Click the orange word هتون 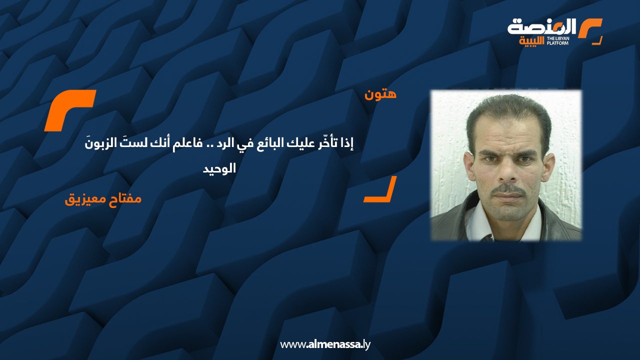point(380,94)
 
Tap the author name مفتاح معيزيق point(103,199)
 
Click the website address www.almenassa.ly point(325,344)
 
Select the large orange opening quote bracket point(69,110)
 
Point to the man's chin point(508,212)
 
